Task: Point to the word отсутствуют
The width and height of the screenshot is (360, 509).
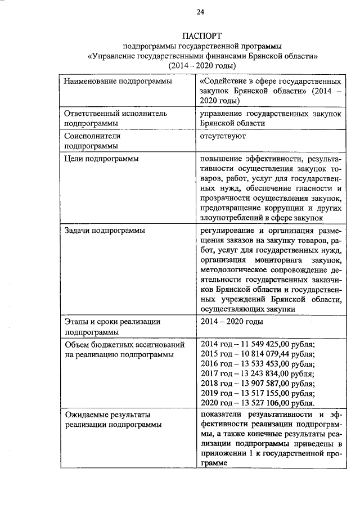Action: tap(223, 136)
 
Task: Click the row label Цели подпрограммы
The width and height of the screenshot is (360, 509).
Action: tap(102, 159)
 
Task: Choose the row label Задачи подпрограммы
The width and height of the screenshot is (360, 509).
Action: tap(105, 231)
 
